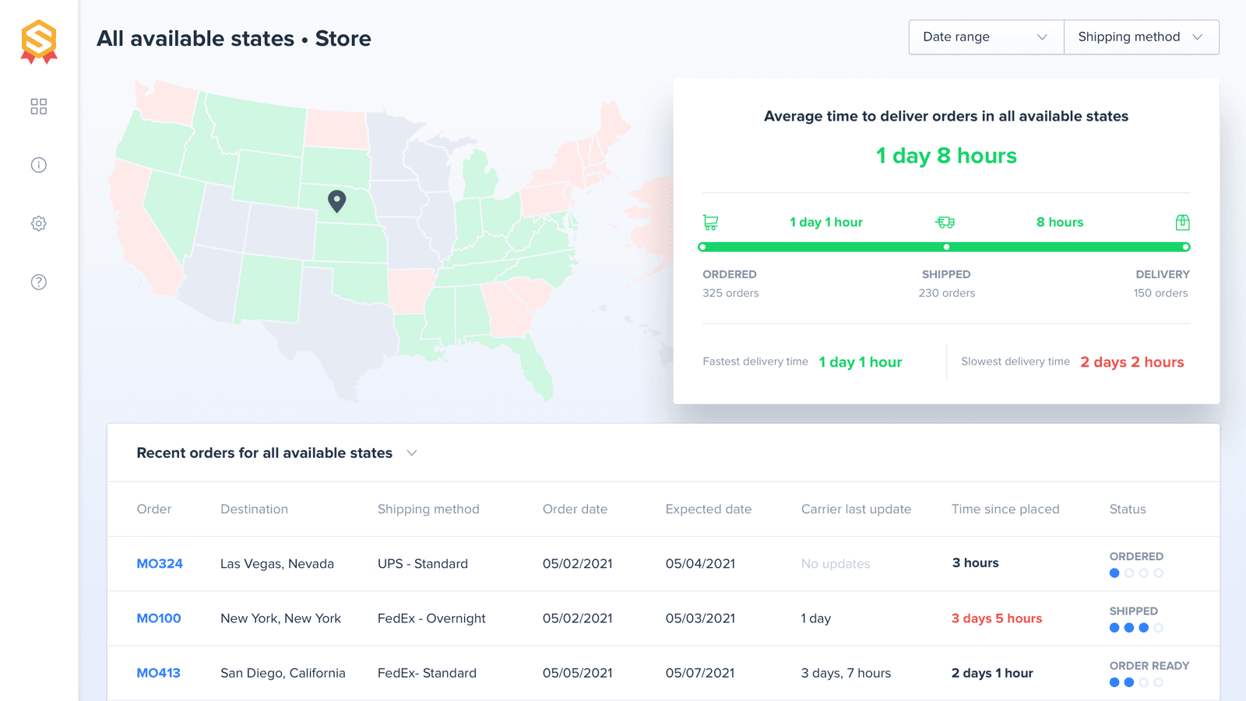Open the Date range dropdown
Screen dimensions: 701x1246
click(986, 37)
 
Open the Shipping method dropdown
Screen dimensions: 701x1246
click(1141, 37)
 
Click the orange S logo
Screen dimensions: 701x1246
click(39, 41)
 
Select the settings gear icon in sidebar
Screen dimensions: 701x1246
click(39, 224)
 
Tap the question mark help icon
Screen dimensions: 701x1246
click(39, 282)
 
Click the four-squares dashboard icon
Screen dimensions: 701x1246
click(39, 107)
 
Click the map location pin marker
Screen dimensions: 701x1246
click(336, 201)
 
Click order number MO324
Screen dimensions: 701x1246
click(160, 564)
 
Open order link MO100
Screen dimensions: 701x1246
click(159, 618)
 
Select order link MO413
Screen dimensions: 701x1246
click(158, 673)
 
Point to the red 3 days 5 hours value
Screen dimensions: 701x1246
click(996, 618)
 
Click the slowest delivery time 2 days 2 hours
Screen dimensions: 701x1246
click(1132, 362)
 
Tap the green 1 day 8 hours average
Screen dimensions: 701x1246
click(946, 156)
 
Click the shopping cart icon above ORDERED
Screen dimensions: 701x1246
click(710, 223)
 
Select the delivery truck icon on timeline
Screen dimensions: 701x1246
click(945, 223)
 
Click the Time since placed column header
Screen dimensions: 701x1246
click(1005, 509)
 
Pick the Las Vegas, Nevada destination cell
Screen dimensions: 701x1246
click(277, 564)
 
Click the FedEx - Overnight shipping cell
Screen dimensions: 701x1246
click(431, 618)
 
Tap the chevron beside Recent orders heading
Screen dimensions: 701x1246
click(412, 453)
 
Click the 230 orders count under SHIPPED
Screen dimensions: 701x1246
click(946, 294)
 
